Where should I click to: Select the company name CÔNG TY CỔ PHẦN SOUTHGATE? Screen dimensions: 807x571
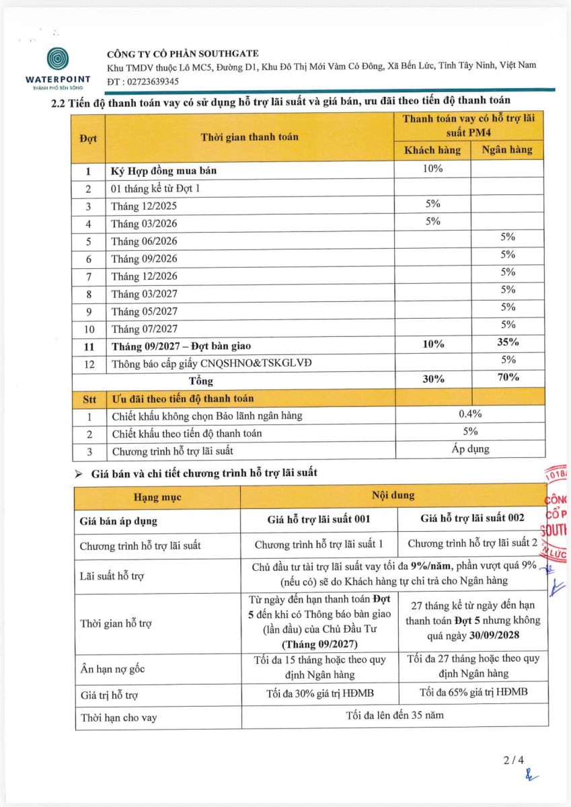[x=183, y=53]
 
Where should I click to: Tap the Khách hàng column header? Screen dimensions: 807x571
[x=432, y=150]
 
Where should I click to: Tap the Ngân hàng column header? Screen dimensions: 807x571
[x=507, y=150]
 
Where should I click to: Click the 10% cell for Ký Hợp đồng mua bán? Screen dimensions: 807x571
[x=432, y=169]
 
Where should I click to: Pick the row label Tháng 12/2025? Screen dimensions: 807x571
[x=145, y=206]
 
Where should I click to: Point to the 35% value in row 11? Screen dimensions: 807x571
[x=507, y=342]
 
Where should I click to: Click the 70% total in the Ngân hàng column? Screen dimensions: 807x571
[x=507, y=378]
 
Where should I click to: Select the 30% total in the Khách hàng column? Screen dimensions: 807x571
[x=432, y=379]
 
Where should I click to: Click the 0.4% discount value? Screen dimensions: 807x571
[x=470, y=414]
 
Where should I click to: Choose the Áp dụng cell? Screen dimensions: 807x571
[x=470, y=449]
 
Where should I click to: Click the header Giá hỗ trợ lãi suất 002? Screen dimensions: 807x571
[x=472, y=518]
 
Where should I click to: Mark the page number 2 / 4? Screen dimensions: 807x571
[x=513, y=761]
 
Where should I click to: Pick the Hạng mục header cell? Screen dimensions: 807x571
[x=157, y=498]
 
